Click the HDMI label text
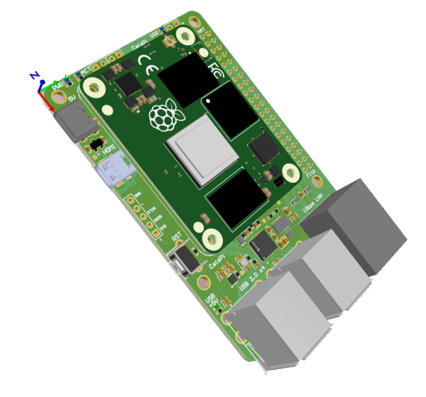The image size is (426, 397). point(109,149)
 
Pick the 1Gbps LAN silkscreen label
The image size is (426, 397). point(311,204)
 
